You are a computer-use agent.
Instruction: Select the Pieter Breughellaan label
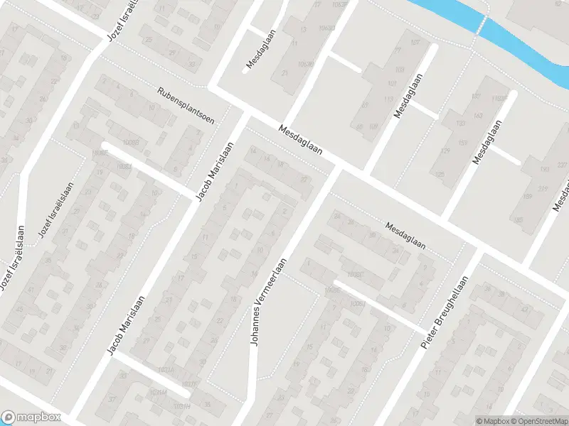pyautogui.click(x=445, y=312)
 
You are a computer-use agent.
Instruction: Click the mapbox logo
pyautogui.click(x=31, y=417)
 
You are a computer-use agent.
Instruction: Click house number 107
pyautogui.click(x=390, y=83)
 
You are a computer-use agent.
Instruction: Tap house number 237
pyautogui.click(x=562, y=166)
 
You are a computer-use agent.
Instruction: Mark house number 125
pyautogui.click(x=439, y=174)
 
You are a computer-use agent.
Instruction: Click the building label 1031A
pyautogui.click(x=166, y=370)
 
